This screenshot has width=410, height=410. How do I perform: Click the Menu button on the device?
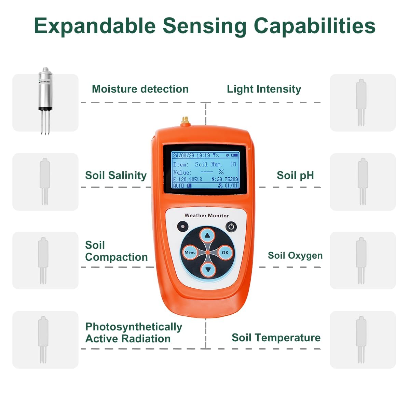click(190, 252)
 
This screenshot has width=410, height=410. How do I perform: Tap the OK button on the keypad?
click(225, 252)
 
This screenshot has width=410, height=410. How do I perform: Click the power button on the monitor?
click(231, 227)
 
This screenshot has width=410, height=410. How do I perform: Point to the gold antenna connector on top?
click(185, 121)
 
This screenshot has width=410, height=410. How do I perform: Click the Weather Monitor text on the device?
click(206, 215)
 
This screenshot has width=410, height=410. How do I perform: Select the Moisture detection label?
click(140, 89)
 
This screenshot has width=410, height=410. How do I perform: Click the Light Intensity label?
click(264, 89)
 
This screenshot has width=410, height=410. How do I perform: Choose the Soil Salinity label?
click(116, 175)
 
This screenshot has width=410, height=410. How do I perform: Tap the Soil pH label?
click(295, 175)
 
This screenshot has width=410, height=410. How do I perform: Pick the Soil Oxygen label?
click(295, 255)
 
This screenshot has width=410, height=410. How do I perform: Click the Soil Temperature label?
click(276, 338)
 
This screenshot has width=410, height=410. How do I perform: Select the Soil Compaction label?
click(116, 251)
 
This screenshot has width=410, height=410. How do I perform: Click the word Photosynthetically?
click(134, 327)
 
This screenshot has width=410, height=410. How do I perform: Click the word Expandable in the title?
click(95, 26)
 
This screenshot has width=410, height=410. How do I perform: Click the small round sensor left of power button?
click(183, 226)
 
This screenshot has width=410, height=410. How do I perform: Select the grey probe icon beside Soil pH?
click(363, 181)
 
